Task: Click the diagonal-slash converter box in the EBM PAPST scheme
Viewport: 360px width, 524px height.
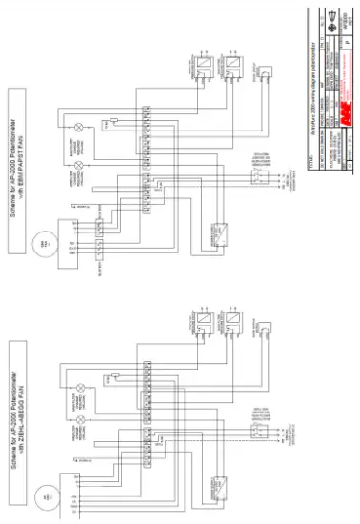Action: (220, 232)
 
